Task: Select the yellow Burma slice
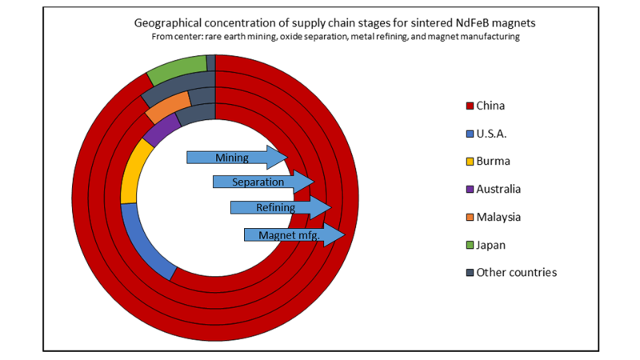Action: [131, 172]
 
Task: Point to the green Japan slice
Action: [176, 70]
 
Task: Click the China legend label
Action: [490, 105]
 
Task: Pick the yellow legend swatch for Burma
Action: [469, 161]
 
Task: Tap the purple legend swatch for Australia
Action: [469, 189]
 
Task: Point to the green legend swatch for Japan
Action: [469, 245]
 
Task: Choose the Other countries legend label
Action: [516, 273]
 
